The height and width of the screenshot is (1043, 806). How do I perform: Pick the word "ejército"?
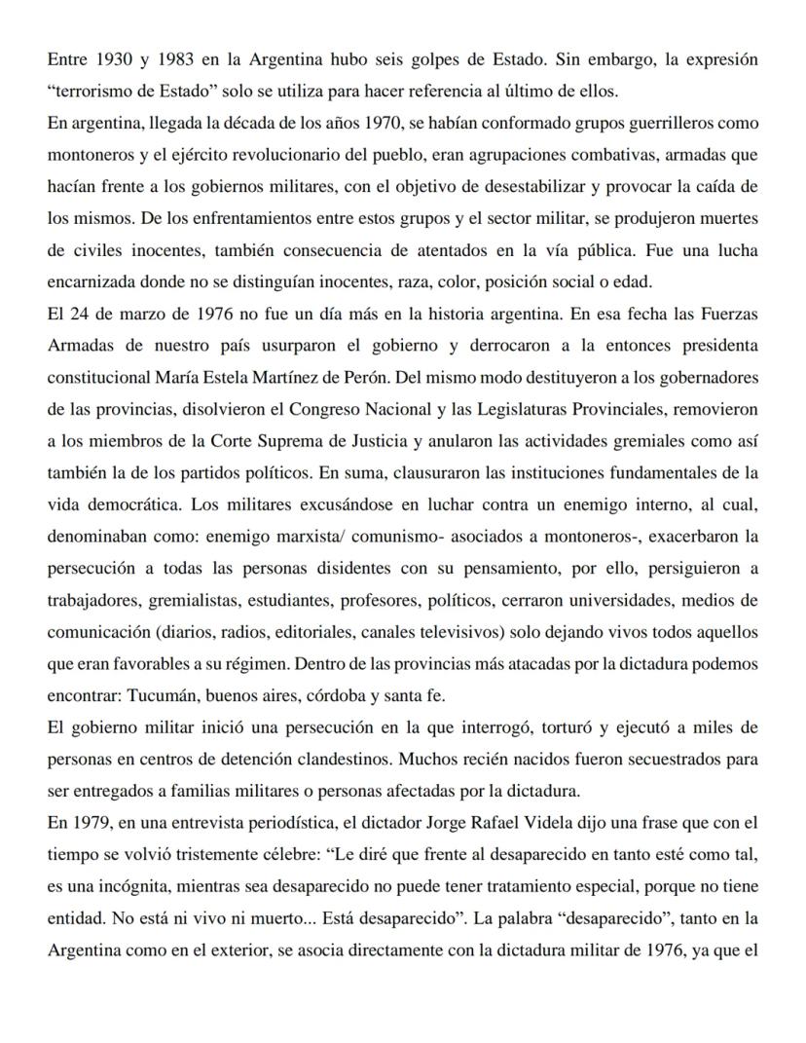coord(166,157)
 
